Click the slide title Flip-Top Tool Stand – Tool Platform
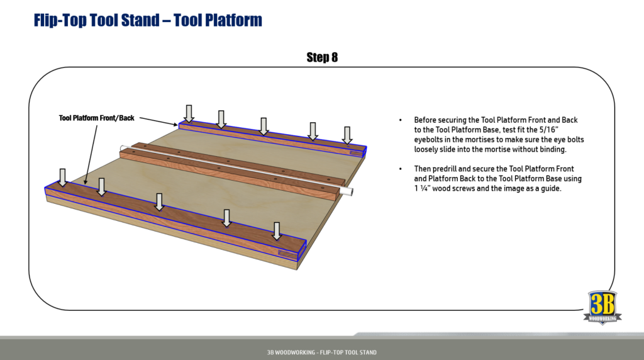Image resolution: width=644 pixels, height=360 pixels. (x=147, y=20)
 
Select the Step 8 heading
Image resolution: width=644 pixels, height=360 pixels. (x=322, y=57)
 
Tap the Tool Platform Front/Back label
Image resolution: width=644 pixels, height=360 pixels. (x=97, y=118)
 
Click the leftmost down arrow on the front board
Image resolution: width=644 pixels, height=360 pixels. (x=62, y=177)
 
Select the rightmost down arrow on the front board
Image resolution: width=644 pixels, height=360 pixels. (x=276, y=230)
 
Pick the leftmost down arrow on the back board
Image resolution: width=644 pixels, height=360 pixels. (x=188, y=113)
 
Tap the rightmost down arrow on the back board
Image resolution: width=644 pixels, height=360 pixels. (x=347, y=135)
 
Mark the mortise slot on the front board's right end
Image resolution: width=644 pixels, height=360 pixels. (x=287, y=254)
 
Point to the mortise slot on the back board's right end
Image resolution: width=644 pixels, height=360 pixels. (x=356, y=152)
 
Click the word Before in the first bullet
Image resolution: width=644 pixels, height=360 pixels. (x=426, y=120)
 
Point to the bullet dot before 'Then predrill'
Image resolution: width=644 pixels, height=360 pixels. (x=401, y=169)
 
